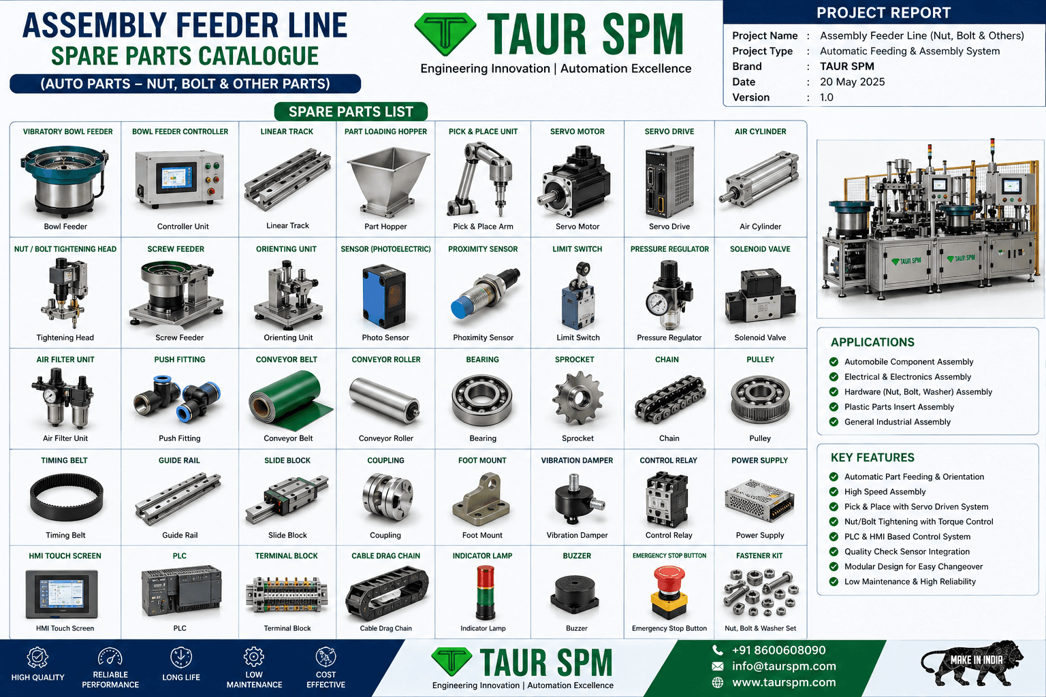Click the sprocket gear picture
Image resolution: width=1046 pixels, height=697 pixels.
577,398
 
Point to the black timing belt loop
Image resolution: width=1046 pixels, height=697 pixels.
66,497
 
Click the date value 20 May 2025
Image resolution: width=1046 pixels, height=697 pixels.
852,82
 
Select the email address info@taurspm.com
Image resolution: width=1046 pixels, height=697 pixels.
784,666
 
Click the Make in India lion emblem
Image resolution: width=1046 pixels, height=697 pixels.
973,664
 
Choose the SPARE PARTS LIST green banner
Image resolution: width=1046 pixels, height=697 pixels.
351,112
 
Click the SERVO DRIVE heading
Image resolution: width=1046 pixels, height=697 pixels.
669,131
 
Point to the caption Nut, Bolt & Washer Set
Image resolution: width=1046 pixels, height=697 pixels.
760,628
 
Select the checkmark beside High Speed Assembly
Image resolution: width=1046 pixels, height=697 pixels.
834,491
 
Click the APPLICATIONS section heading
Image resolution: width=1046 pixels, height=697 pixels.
872,342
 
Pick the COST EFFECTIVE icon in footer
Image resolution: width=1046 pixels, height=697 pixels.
326,657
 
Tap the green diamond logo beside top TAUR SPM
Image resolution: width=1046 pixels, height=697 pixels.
445,34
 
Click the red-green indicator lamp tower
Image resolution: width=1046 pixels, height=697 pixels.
485,592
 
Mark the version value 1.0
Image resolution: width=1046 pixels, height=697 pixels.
827,97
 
